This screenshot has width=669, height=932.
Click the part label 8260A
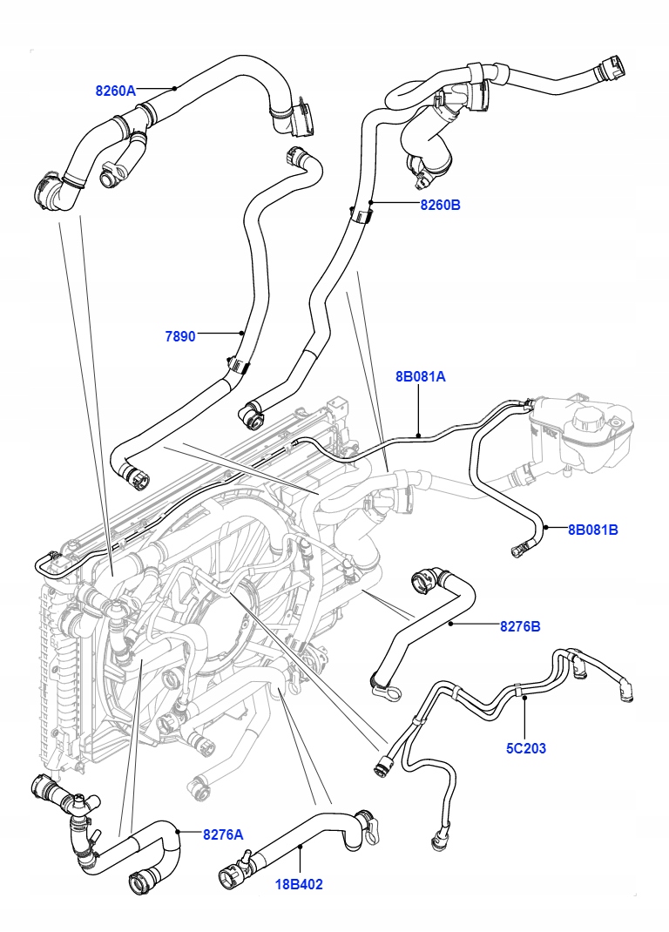coord(116,91)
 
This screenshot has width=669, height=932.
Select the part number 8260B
coord(440,206)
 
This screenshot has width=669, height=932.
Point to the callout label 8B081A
coord(420,377)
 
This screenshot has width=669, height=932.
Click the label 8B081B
coord(592,529)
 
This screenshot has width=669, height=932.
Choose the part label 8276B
coord(520,625)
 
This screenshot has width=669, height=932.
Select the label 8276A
coord(223,834)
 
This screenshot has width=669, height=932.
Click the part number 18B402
coord(300,884)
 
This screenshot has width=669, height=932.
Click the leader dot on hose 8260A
coord(175,87)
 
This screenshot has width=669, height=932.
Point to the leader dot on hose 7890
coord(242,332)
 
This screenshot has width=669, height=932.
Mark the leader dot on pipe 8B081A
coord(419,434)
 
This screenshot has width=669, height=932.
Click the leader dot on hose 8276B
coord(450,625)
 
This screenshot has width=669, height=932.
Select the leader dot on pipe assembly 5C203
coord(524,694)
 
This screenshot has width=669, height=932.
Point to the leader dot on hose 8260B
coord(370,204)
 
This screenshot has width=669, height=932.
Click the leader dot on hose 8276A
coord(179,832)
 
